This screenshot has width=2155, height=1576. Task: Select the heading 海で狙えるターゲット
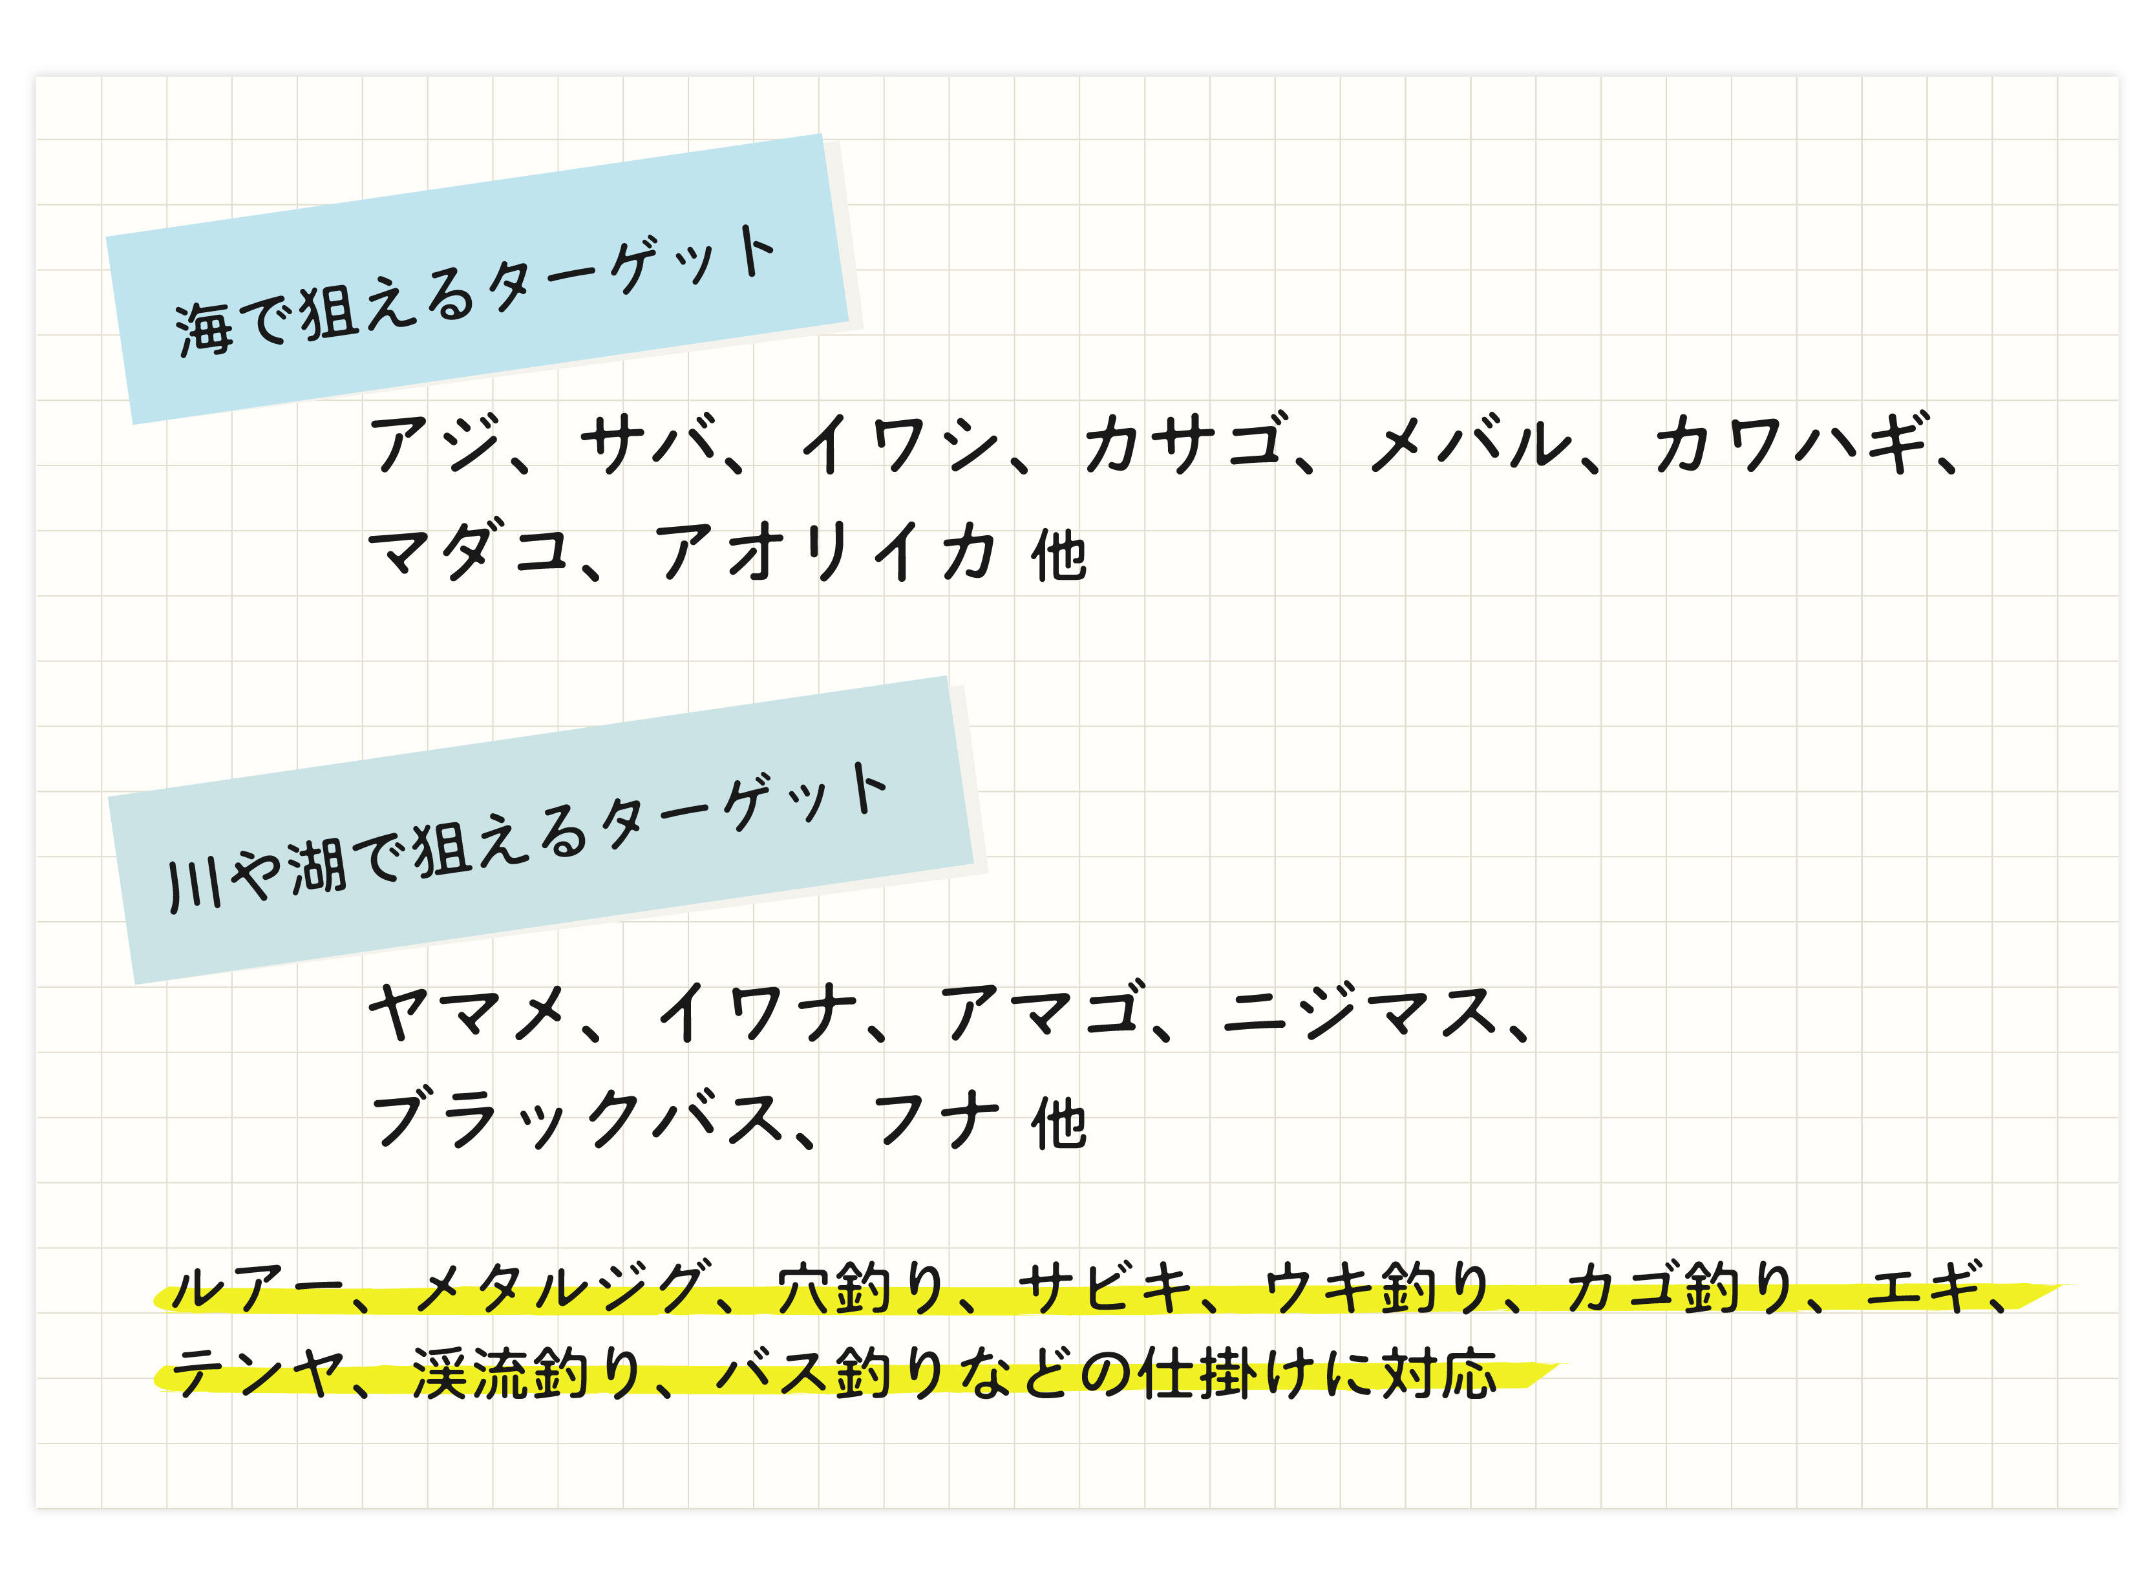tap(475, 291)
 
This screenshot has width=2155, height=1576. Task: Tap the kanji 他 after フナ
tap(1058, 1123)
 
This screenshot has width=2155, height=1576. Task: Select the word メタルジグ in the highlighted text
tap(564, 1287)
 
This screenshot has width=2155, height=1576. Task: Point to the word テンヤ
tap(257, 1373)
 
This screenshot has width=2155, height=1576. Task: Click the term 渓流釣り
tap(525, 1373)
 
